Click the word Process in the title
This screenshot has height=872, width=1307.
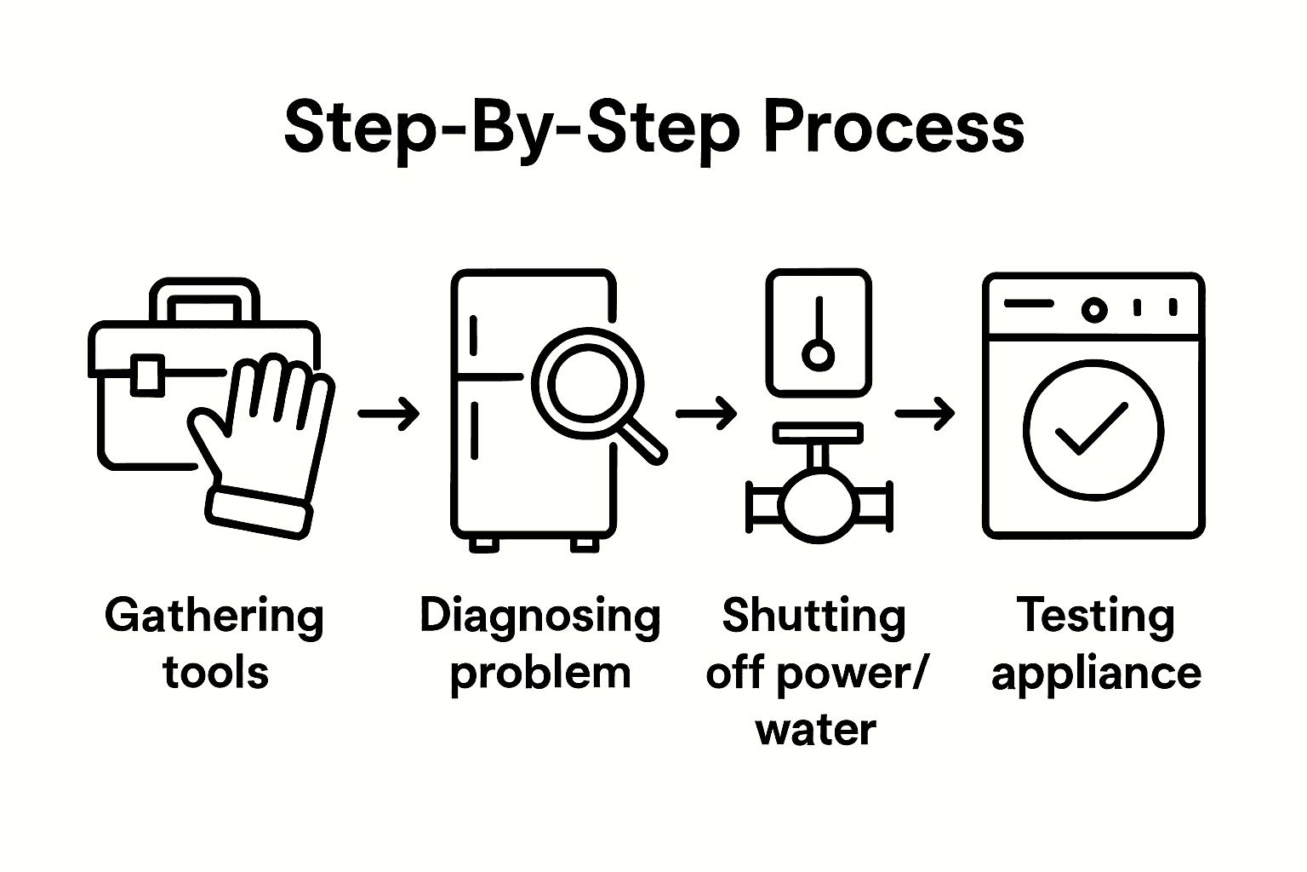pos(893,129)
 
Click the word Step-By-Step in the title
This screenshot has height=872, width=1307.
pos(511,129)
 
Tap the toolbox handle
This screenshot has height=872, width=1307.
pos(204,294)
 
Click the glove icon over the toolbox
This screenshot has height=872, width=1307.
pos(264,443)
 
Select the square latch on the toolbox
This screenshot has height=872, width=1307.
pos(148,375)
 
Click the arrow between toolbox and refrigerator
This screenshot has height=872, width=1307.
pos(389,414)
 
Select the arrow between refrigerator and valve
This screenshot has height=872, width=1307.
pos(706,414)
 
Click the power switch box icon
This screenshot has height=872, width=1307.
pos(819,333)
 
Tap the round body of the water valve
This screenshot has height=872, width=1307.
pos(817,507)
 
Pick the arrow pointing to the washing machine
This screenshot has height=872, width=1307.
pos(926,414)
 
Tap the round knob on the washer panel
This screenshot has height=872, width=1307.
pos(1094,310)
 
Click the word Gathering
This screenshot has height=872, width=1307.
pos(214,616)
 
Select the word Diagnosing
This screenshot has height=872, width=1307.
pos(540,616)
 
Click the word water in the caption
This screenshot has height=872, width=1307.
pos(816,730)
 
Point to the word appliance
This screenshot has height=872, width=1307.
pos(1096,673)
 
